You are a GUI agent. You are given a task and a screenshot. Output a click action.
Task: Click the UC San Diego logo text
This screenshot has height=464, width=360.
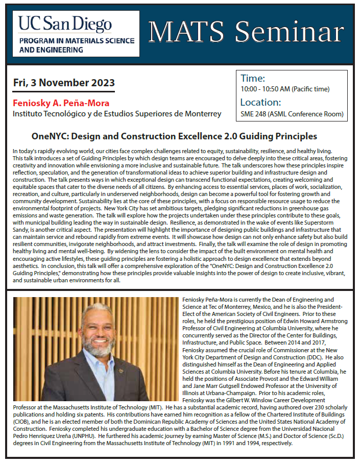tap(65, 23)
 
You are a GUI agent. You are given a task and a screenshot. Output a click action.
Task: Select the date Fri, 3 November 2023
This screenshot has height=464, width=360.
tap(64, 83)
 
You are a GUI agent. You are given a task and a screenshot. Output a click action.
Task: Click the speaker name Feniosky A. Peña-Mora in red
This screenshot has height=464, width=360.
tap(61, 103)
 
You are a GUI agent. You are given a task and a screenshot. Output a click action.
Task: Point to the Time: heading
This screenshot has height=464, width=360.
tap(252, 78)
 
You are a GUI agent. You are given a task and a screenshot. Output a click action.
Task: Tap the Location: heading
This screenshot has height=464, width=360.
tap(260, 102)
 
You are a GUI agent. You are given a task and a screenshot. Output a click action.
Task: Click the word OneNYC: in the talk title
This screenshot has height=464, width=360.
tap(49, 136)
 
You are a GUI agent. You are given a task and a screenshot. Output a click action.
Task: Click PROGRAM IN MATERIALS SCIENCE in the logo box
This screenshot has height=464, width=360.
tap(77, 41)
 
